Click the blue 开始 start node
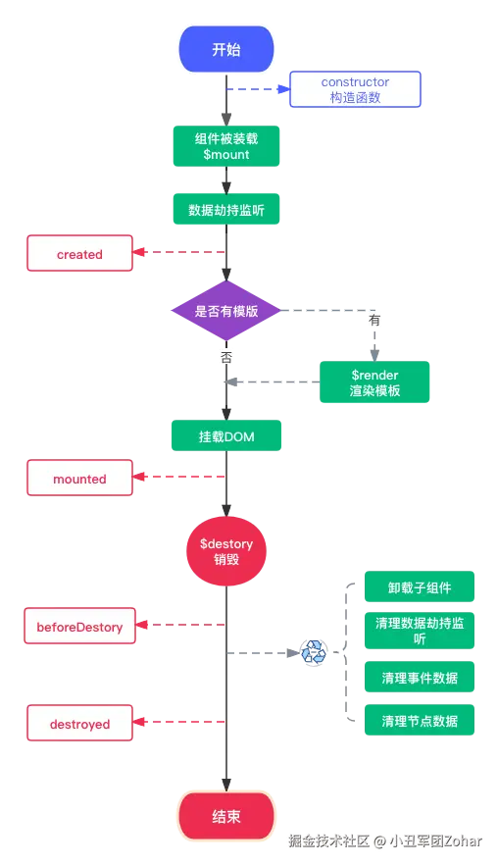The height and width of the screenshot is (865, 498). pyautogui.click(x=226, y=50)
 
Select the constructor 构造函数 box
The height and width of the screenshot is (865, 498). pyautogui.click(x=355, y=90)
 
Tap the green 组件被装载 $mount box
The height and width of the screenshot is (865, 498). pyautogui.click(x=226, y=145)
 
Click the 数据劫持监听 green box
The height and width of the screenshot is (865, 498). pyautogui.click(x=226, y=210)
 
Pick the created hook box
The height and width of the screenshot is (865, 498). pyautogui.click(x=79, y=254)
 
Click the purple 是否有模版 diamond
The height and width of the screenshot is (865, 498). pyautogui.click(x=226, y=311)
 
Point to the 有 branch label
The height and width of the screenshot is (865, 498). pyautogui.click(x=374, y=321)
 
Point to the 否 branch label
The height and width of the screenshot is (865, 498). pyautogui.click(x=226, y=358)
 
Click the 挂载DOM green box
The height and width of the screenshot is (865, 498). pyautogui.click(x=226, y=436)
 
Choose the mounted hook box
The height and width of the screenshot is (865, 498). pyautogui.click(x=79, y=479)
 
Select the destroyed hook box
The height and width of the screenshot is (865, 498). pyautogui.click(x=79, y=725)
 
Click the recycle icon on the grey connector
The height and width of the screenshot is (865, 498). pyautogui.click(x=314, y=652)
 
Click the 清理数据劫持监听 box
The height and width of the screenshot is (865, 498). pyautogui.click(x=420, y=631)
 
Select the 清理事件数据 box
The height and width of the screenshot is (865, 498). pyautogui.click(x=420, y=678)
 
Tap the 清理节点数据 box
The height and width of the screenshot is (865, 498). pyautogui.click(x=420, y=721)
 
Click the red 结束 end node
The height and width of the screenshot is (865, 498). pyautogui.click(x=226, y=816)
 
